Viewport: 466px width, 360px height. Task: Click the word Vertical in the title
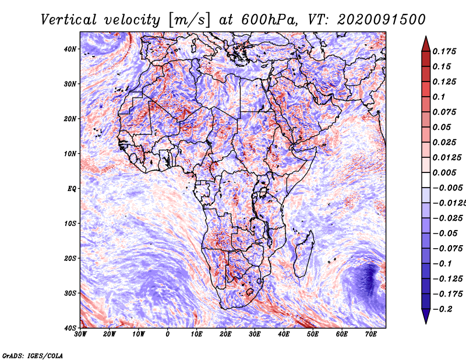tap(69, 20)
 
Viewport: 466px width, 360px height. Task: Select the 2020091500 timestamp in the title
tap(382, 20)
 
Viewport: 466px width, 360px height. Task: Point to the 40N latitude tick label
tap(70, 49)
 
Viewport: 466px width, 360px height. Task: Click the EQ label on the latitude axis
tap(72, 189)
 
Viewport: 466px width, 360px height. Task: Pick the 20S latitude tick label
tap(70, 258)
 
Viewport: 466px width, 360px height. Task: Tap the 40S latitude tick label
tap(70, 328)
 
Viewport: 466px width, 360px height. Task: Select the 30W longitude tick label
tap(80, 334)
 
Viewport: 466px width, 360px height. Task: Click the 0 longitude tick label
tap(168, 334)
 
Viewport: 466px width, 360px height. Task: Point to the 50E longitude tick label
tap(313, 334)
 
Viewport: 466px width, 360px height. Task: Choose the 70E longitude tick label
tap(371, 334)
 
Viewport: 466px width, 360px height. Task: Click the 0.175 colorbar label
tap(444, 51)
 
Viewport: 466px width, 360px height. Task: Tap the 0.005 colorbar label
tap(444, 172)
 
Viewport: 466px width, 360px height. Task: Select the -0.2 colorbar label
tap(442, 309)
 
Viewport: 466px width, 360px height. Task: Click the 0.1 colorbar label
tap(439, 97)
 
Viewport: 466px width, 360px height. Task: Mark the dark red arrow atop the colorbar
tap(426, 44)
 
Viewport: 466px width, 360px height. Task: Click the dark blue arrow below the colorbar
tap(426, 316)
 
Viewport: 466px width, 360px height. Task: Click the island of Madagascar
tap(304, 253)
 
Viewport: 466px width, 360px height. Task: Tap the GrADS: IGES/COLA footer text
tap(33, 355)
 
